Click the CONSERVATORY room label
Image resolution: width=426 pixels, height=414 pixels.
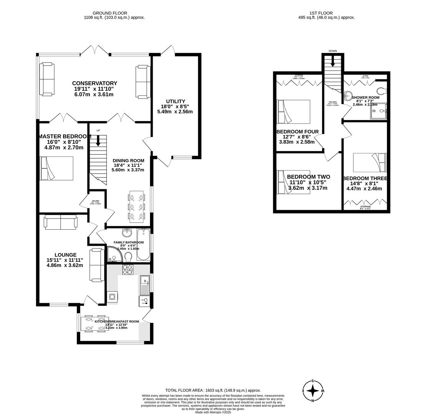click(94, 84)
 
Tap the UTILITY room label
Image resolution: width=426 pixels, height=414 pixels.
click(175, 102)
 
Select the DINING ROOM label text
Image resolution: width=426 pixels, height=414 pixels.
click(128, 161)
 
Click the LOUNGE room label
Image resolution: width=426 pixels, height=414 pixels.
click(65, 255)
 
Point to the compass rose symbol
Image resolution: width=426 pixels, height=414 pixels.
click(313, 391)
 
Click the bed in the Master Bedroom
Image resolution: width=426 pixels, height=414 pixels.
click(57, 168)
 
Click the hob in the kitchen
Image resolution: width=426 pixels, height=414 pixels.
click(128, 269)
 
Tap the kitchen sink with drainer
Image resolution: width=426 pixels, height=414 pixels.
click(145, 285)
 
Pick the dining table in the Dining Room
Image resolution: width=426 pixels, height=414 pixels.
click(136, 207)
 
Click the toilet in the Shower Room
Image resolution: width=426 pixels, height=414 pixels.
click(381, 91)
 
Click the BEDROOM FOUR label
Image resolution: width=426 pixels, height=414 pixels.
click(297, 132)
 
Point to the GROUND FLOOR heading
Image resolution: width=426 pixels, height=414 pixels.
click(110, 13)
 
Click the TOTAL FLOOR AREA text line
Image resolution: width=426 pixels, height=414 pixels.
click(213, 390)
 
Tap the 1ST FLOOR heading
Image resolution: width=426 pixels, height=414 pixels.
click(321, 13)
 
